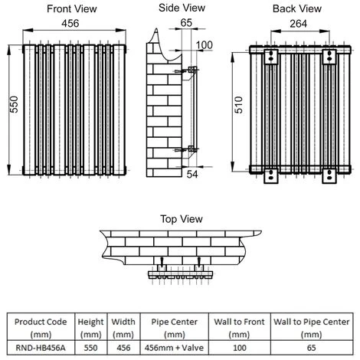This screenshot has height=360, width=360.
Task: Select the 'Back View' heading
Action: click(x=293, y=8)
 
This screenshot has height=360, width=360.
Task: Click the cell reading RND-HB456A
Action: click(x=39, y=345)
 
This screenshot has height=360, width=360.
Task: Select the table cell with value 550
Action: click(x=91, y=345)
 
